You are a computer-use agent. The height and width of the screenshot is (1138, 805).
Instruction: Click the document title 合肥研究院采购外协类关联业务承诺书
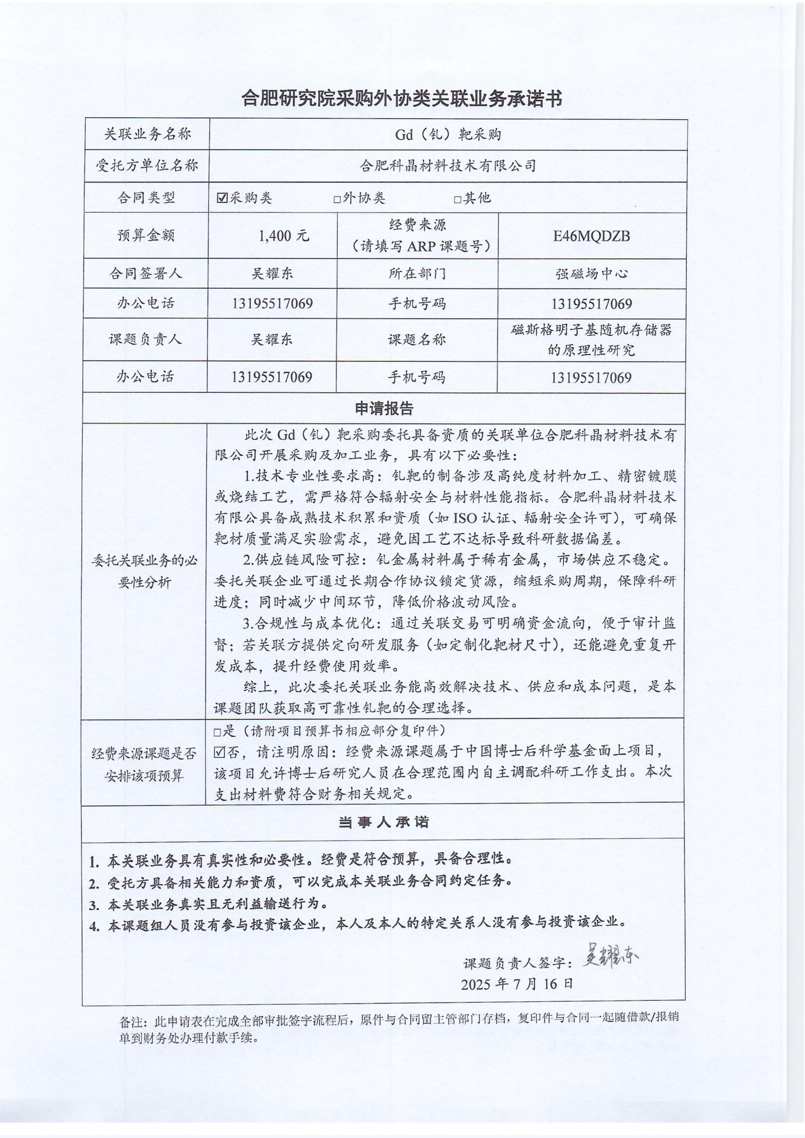coord(402,100)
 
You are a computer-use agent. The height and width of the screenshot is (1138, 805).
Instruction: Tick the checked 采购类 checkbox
coord(222,198)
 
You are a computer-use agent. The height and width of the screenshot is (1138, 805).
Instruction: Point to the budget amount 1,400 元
coord(284,236)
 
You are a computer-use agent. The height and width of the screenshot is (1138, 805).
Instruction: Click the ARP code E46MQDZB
coord(591,236)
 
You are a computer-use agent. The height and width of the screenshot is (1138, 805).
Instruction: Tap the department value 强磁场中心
coord(591,274)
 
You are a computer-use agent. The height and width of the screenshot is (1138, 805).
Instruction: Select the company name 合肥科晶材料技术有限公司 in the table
coord(448,165)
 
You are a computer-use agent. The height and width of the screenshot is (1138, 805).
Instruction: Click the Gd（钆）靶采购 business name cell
coord(448,134)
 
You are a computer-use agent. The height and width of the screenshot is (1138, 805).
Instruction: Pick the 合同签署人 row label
coord(146,274)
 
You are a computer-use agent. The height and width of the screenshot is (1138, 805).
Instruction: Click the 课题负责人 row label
coord(145,340)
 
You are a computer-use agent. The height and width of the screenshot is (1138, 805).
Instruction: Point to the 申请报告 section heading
coord(384,409)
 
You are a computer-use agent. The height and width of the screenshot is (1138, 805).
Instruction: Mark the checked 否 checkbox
coord(220,753)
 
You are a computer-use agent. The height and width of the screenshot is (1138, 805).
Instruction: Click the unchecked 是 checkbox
coord(217,733)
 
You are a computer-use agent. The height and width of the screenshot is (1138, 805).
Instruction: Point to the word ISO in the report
coord(464,518)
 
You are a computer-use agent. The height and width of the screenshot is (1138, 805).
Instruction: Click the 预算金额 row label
coord(146,236)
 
